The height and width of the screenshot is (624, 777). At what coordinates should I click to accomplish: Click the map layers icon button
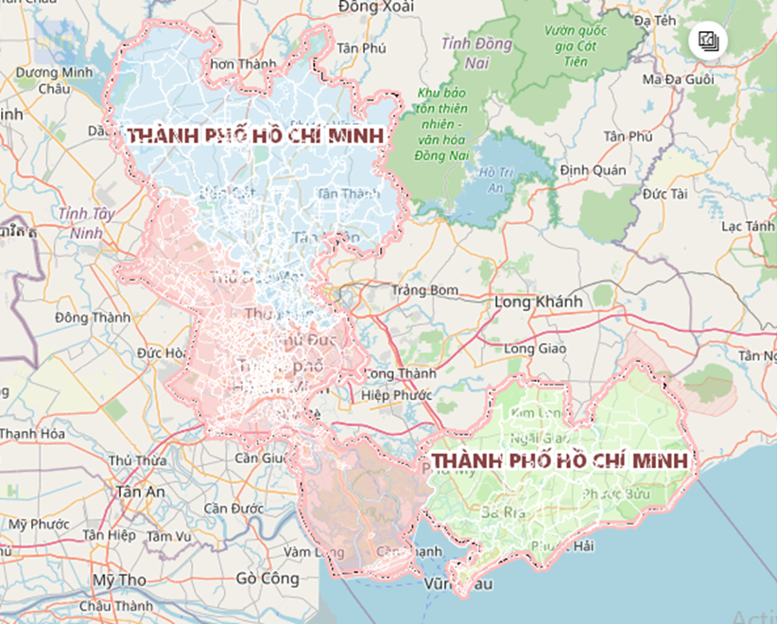709,41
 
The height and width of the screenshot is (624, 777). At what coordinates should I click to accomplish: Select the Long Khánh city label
539,302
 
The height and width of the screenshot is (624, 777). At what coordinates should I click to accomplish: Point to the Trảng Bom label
425,289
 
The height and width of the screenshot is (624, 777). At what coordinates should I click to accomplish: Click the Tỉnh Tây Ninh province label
85,222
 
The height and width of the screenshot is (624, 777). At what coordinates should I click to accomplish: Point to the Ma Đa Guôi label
678,79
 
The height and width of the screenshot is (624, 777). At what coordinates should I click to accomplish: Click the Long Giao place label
534,349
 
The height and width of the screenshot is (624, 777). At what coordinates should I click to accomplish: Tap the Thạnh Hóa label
30,434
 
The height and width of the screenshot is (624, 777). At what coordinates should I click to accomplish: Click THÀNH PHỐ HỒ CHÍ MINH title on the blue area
256,136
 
